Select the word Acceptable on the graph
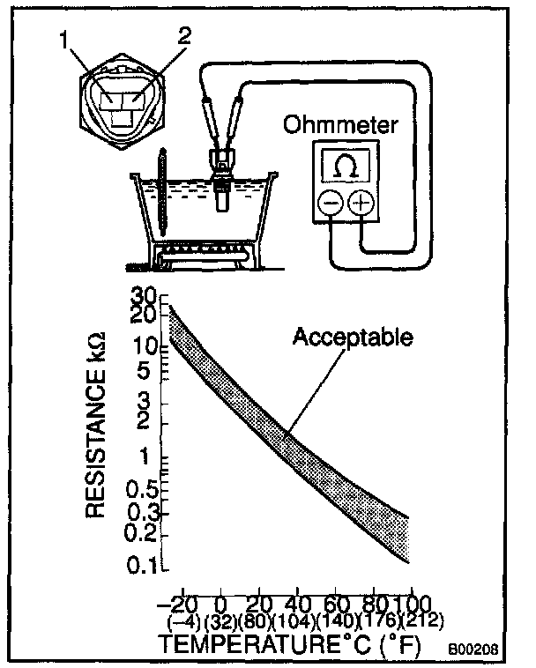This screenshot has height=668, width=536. coord(354,338)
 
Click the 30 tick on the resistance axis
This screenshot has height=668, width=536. coord(145,296)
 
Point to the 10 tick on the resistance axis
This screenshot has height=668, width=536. coord(145,347)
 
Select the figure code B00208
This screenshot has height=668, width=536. coord(474,649)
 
